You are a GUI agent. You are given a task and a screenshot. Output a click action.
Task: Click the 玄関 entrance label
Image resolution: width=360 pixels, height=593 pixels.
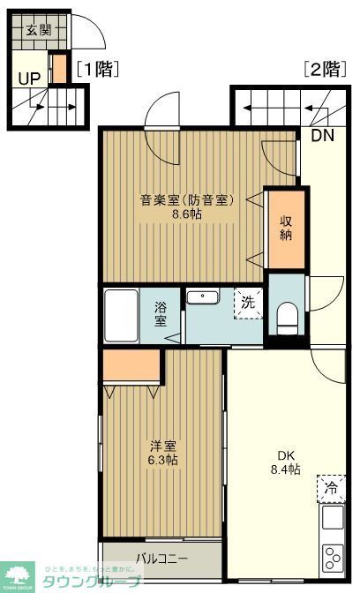tap(38, 31)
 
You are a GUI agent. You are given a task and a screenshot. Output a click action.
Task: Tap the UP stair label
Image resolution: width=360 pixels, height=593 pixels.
tap(29, 78)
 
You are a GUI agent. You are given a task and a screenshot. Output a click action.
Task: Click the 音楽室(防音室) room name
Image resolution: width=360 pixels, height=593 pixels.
tap(186, 199)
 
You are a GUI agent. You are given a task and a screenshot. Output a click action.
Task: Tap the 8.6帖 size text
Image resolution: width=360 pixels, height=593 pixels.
tap(186, 214)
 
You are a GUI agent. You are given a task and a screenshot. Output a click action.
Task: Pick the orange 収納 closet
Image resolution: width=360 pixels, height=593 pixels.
tap(286, 228)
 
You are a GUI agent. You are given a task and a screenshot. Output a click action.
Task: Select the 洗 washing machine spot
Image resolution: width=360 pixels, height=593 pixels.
tap(248, 302)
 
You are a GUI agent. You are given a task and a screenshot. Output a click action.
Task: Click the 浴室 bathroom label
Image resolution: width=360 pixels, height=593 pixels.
tap(161, 314)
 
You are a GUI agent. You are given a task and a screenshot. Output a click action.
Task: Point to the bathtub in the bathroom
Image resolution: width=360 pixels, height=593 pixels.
tap(120, 313)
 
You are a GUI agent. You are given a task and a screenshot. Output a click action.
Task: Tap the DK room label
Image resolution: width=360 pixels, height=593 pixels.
tap(286, 455)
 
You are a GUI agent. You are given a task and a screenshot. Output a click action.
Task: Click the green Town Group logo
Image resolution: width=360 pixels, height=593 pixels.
tap(18, 576)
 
